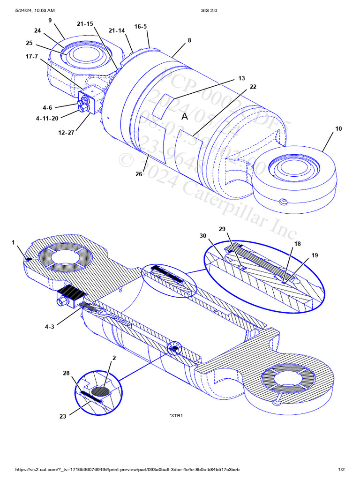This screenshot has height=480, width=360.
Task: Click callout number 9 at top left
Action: tap(50, 21)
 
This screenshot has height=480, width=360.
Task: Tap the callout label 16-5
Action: tap(141, 27)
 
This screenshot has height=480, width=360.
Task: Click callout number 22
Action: tap(253, 87)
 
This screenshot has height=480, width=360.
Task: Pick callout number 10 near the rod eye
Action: tap(339, 128)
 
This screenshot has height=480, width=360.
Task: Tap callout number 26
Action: tap(139, 174)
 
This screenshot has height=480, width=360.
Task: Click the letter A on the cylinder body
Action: tap(185, 116)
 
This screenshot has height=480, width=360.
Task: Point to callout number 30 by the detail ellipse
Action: tap(203, 236)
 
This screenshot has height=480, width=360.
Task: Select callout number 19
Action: tap(315, 255)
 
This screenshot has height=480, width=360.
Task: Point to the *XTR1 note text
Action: tap(175, 415)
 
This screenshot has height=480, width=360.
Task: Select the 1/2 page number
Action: tap(341, 470)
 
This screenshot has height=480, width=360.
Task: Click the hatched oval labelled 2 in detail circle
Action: tap(101, 390)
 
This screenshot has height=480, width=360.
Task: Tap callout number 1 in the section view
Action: tap(13, 242)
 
